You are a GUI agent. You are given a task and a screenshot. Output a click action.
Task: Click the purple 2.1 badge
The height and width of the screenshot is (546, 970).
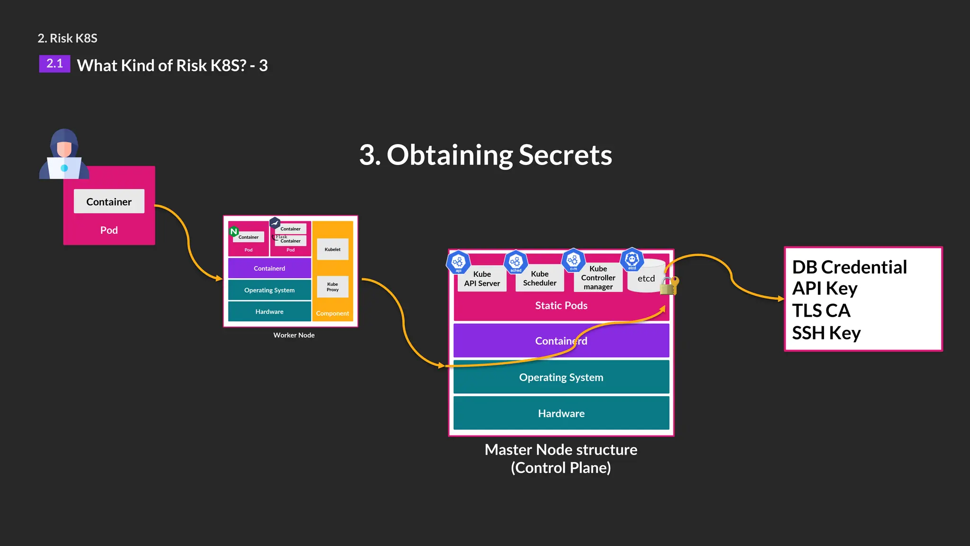[54, 64]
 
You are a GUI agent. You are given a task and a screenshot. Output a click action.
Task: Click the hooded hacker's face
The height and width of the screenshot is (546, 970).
[64, 148]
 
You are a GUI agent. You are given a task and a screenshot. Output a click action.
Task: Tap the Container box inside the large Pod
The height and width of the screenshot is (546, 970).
[109, 201]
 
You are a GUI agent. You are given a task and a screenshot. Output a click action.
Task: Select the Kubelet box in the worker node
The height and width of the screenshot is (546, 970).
[332, 249]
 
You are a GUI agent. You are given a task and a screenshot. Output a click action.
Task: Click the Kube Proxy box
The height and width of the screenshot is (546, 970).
[332, 287]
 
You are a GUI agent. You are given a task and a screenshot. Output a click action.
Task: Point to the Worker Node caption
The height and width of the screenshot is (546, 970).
[294, 335]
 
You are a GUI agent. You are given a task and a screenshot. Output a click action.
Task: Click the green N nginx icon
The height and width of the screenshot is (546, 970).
[234, 232]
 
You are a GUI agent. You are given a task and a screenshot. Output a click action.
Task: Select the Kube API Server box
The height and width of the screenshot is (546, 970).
[482, 279]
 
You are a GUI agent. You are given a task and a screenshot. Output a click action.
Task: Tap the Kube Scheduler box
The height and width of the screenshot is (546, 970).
[539, 279]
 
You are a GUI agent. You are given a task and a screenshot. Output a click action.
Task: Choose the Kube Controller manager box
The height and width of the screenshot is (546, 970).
[598, 278]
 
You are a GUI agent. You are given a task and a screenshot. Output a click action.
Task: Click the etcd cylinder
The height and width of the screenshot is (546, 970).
[646, 278]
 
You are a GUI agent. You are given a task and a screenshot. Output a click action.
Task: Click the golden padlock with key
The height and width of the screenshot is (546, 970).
[669, 286]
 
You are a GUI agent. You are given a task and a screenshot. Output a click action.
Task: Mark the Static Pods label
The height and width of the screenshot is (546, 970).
[561, 306]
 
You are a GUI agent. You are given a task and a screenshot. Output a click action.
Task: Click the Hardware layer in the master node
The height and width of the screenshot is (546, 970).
[561, 413]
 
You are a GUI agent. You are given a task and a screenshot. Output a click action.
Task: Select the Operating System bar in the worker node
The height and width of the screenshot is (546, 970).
[269, 290]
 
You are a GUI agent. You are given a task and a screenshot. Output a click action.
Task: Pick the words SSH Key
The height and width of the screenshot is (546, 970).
[826, 333]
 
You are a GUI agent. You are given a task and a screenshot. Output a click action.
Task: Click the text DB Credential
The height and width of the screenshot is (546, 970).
[849, 267]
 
